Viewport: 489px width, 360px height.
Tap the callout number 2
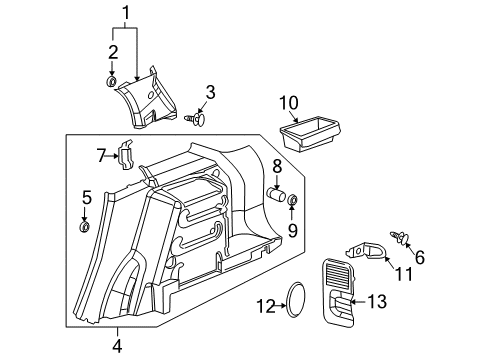(113, 52)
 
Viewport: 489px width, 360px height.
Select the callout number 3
(209, 94)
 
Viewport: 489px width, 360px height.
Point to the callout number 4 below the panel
(116, 346)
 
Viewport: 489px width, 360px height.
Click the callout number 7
(87, 197)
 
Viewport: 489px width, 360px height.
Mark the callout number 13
(276, 166)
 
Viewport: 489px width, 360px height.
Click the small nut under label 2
(294, 231)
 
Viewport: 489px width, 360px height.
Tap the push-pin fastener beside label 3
(288, 103)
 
